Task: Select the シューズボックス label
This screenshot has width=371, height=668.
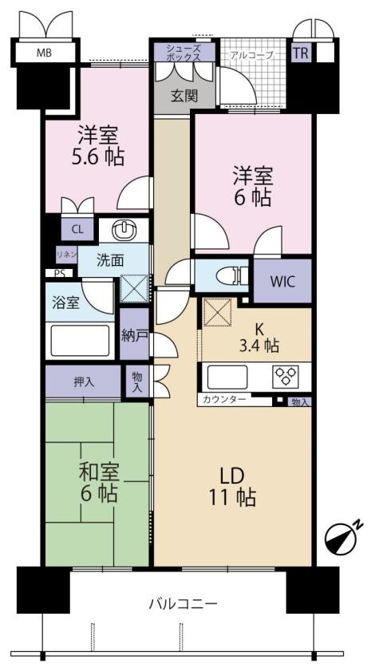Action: pyautogui.click(x=184, y=53)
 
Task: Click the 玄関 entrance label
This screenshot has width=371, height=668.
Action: pyautogui.click(x=183, y=96)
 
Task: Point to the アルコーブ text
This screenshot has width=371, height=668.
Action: pyautogui.click(x=251, y=55)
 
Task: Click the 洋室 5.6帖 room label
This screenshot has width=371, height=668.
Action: pyautogui.click(x=100, y=146)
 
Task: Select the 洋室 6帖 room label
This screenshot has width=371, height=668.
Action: pyautogui.click(x=253, y=185)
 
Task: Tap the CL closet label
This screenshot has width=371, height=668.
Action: pyautogui.click(x=77, y=229)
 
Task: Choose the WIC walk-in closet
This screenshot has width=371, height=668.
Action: pyautogui.click(x=282, y=281)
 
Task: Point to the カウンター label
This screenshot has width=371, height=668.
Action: pyautogui.click(x=226, y=400)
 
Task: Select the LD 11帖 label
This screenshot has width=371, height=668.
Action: pyautogui.click(x=231, y=485)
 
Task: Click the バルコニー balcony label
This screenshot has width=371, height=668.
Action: pyautogui.click(x=183, y=604)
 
